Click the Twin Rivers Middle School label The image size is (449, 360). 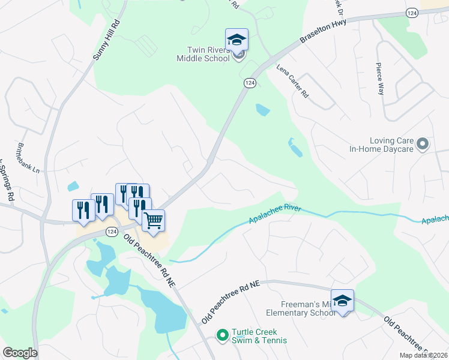click(x=203, y=54)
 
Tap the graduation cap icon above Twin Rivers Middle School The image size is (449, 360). click(x=237, y=40)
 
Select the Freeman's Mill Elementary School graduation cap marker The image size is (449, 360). click(x=342, y=301)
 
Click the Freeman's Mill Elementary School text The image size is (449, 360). click(x=300, y=308)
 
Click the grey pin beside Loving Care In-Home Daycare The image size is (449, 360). click(x=423, y=144)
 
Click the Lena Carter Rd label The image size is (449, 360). click(x=292, y=82)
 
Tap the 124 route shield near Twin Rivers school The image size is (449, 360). click(x=250, y=83)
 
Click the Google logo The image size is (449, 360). click(x=20, y=353)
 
